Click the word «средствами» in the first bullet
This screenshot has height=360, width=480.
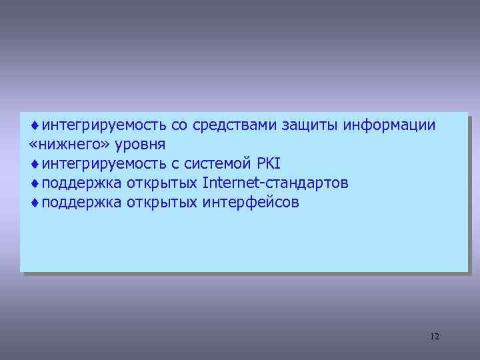point(237,125)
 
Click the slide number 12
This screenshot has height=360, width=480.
point(435,336)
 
